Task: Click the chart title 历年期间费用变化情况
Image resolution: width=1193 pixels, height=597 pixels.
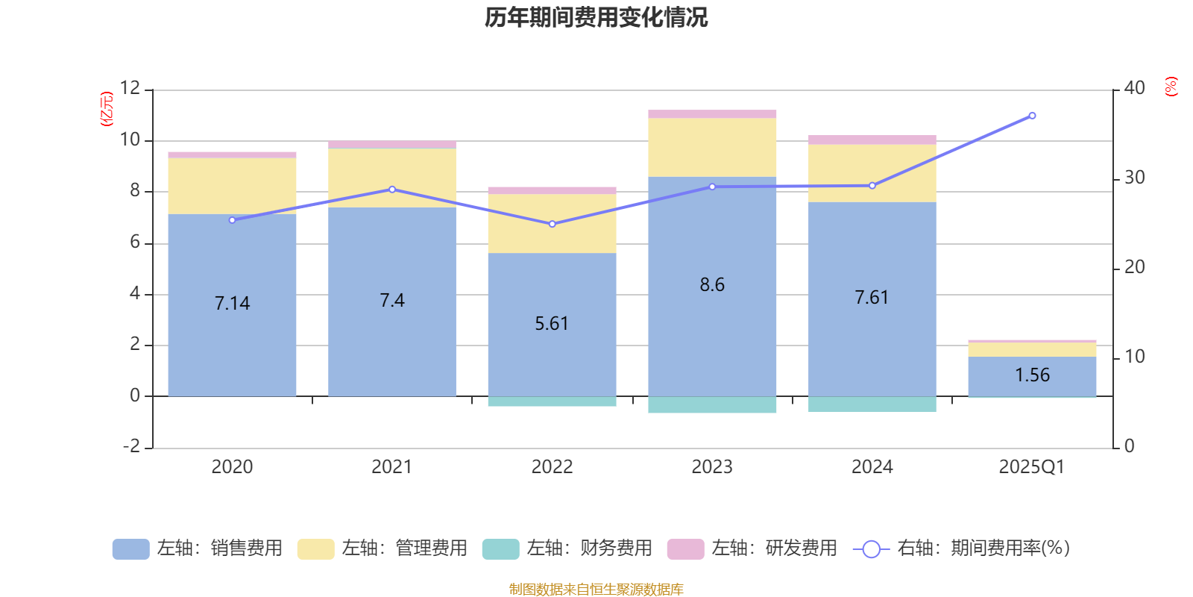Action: (x=596, y=17)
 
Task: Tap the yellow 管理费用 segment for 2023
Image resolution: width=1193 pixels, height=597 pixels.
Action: (x=712, y=147)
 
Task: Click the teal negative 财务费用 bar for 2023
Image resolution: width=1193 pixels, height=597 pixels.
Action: (x=712, y=404)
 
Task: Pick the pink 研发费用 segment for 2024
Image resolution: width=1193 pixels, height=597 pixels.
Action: (x=872, y=140)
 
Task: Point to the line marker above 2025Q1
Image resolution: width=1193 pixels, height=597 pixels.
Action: (x=1032, y=116)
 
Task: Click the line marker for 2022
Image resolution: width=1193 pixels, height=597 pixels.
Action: (x=552, y=224)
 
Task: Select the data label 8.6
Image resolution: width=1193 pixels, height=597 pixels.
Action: (x=712, y=284)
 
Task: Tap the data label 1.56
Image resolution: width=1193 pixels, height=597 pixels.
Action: (x=1032, y=375)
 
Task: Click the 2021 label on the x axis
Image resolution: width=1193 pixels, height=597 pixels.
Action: (x=391, y=466)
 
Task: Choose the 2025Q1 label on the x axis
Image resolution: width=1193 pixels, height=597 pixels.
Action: (x=1032, y=466)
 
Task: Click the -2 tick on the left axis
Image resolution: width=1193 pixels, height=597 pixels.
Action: (x=131, y=446)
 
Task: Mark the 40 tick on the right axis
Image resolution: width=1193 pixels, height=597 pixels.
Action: (x=1134, y=88)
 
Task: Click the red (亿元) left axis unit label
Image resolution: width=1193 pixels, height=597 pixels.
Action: (x=107, y=109)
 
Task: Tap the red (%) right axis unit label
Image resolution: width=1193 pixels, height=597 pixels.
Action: (x=1171, y=87)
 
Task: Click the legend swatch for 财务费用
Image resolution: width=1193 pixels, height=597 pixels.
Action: (x=500, y=548)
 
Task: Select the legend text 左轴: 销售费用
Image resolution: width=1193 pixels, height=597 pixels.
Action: (x=219, y=548)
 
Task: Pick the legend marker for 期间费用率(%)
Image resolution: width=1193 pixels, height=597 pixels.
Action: (x=871, y=549)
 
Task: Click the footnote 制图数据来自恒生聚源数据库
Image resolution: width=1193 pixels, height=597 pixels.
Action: (x=596, y=590)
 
